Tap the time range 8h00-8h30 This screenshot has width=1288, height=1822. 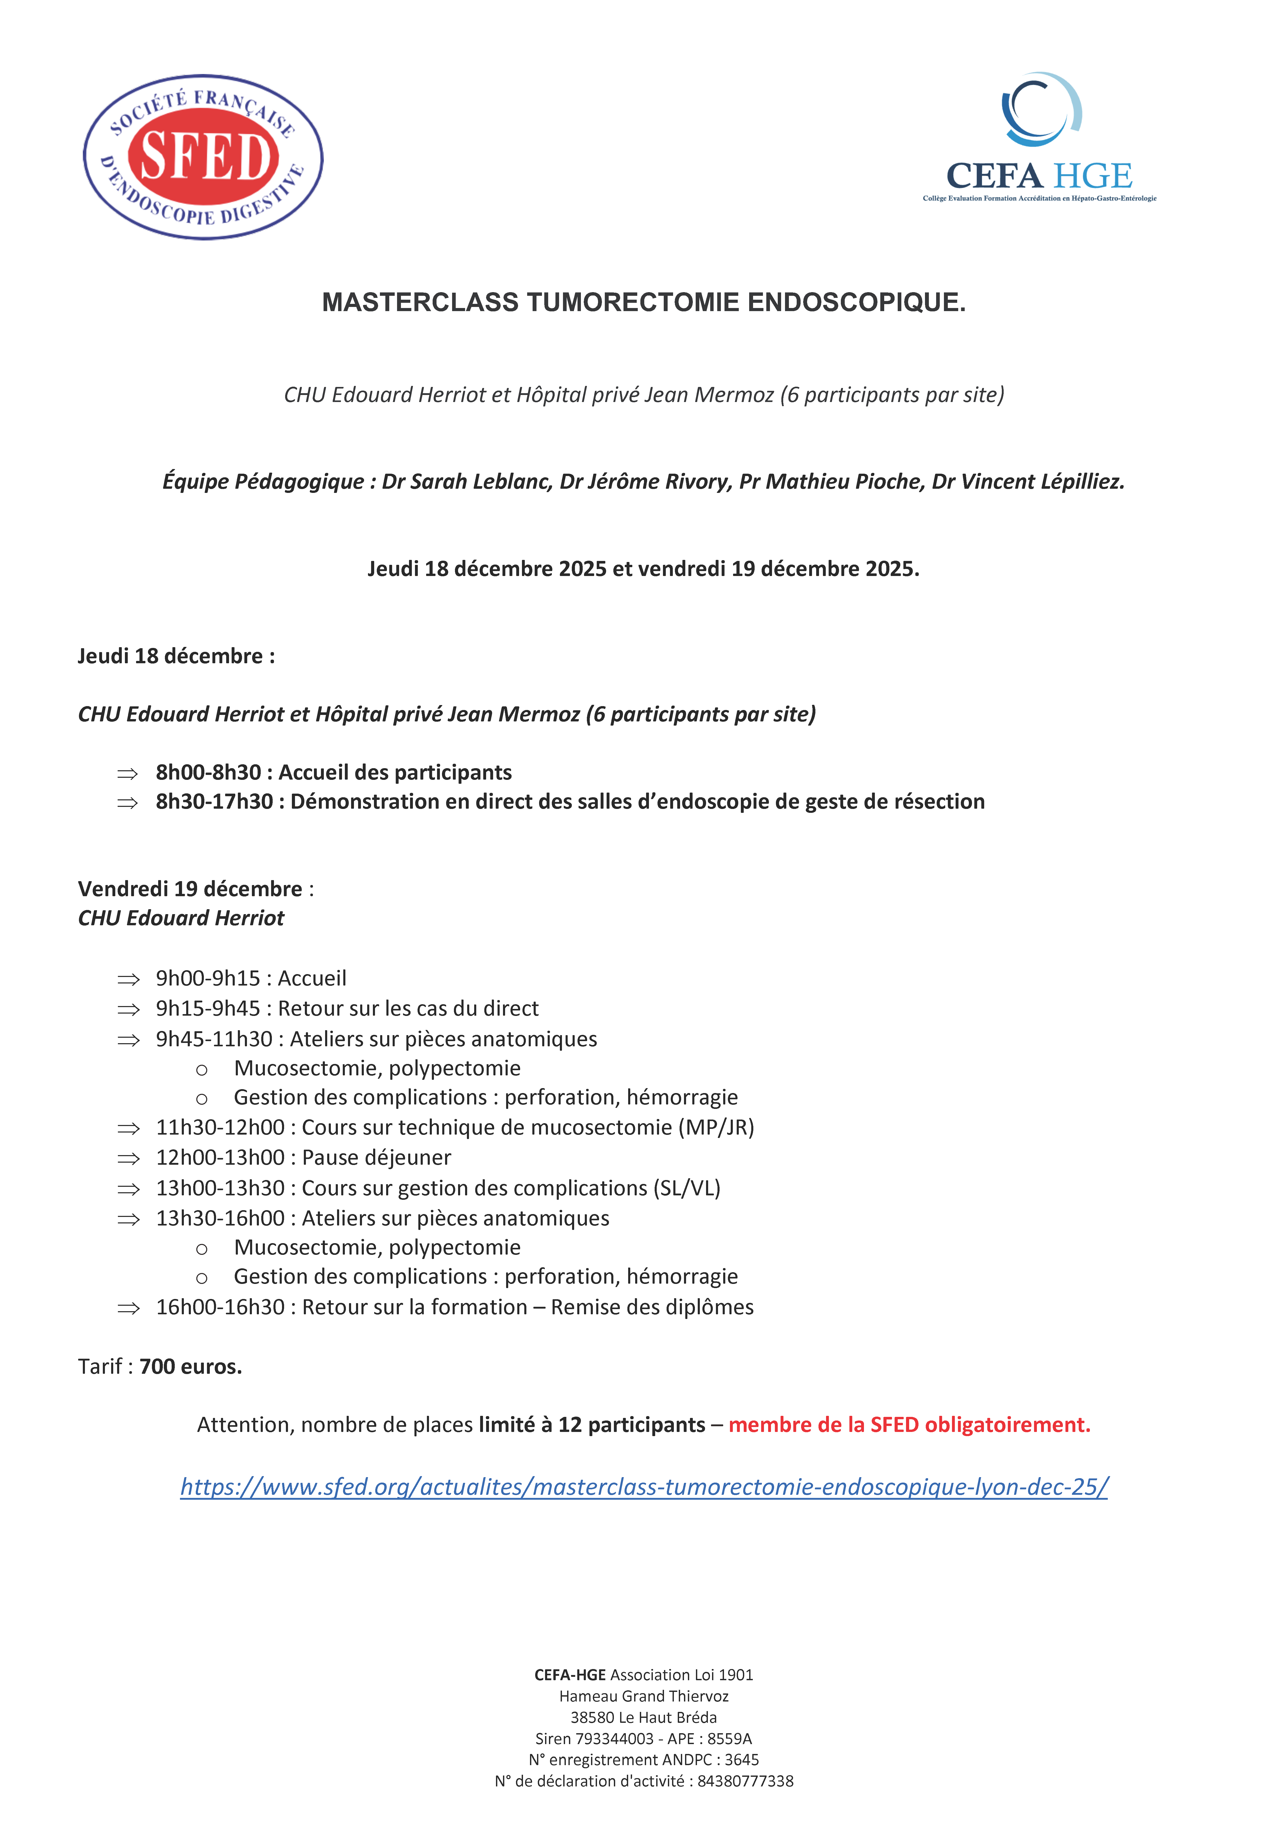click(208, 772)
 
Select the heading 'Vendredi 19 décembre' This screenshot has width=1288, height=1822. click(190, 889)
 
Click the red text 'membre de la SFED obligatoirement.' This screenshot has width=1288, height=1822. click(909, 1424)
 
